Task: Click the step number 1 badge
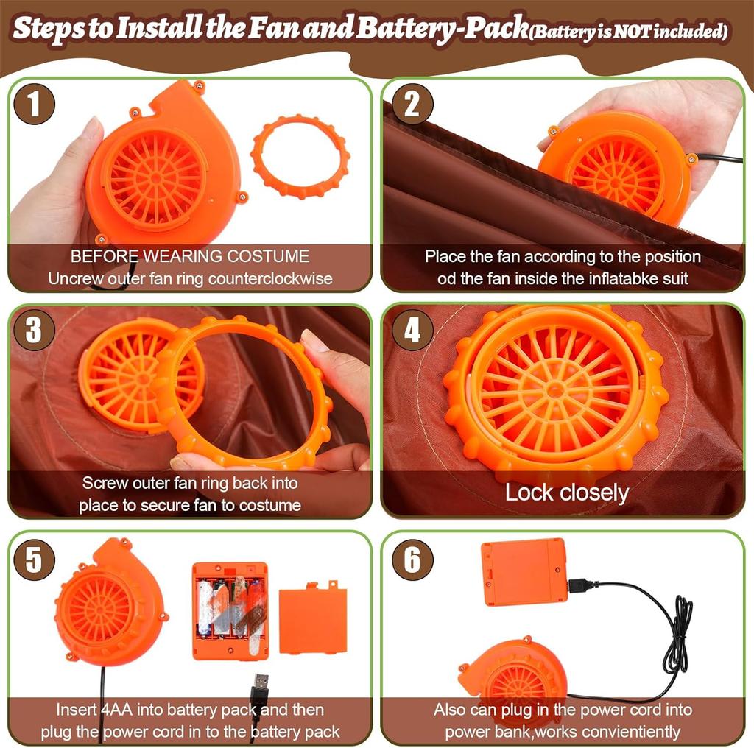[34, 104]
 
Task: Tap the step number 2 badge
[412, 104]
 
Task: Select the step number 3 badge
[34, 330]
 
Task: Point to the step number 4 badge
[412, 330]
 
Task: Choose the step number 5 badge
[34, 559]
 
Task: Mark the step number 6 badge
[412, 559]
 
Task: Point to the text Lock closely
[567, 493]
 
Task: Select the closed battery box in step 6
[524, 571]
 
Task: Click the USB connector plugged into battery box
[583, 585]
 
